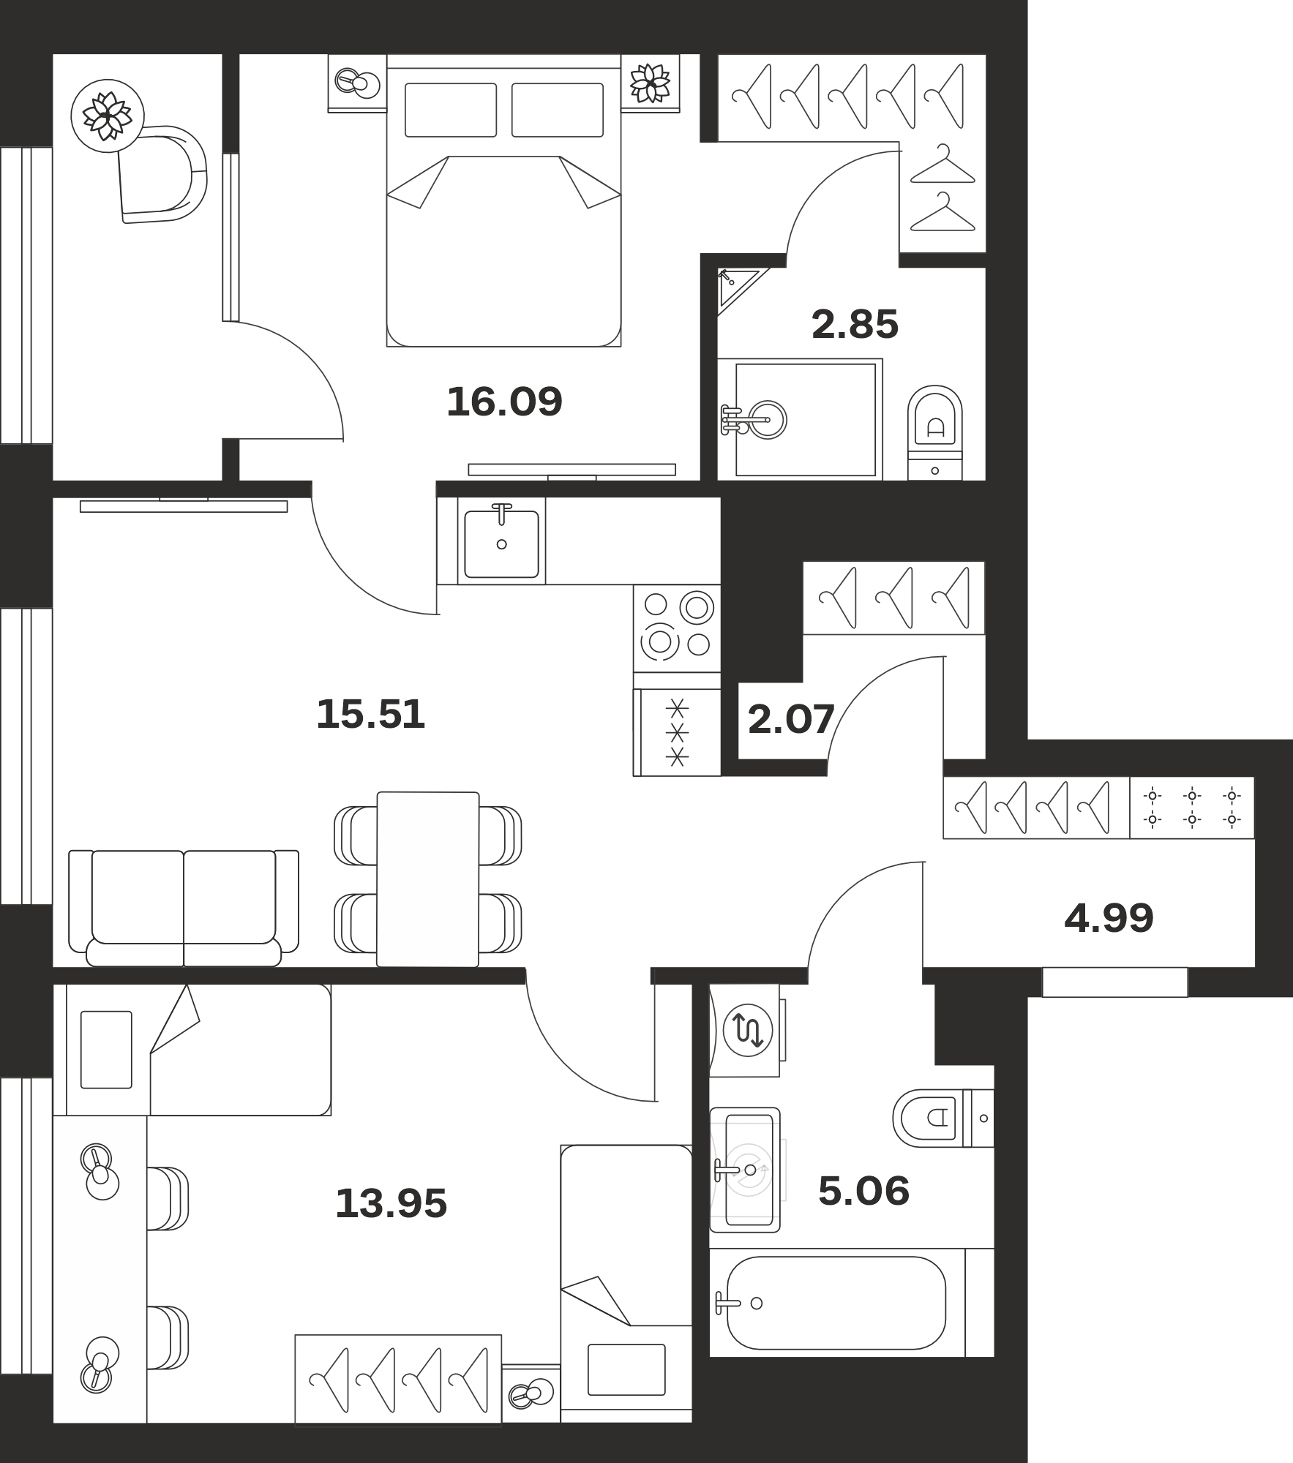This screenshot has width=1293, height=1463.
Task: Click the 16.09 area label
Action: click(504, 402)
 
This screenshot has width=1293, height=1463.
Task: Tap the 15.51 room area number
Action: click(370, 714)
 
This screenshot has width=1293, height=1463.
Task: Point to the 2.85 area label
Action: click(855, 325)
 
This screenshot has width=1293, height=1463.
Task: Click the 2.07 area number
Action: click(791, 719)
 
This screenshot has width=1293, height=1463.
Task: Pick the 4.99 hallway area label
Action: click(1109, 918)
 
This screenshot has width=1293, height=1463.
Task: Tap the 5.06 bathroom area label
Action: click(863, 1191)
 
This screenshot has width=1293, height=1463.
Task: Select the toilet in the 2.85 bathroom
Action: click(935, 432)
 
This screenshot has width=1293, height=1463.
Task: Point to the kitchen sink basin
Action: click(502, 544)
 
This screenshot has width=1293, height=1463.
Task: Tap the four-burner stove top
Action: click(678, 628)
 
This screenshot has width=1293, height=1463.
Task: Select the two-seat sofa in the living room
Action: click(184, 908)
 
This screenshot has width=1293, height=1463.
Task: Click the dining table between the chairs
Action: click(428, 879)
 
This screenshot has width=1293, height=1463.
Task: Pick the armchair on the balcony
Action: click(162, 174)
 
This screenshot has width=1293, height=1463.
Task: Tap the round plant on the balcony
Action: click(108, 116)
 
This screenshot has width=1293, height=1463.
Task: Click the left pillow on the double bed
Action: click(451, 110)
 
